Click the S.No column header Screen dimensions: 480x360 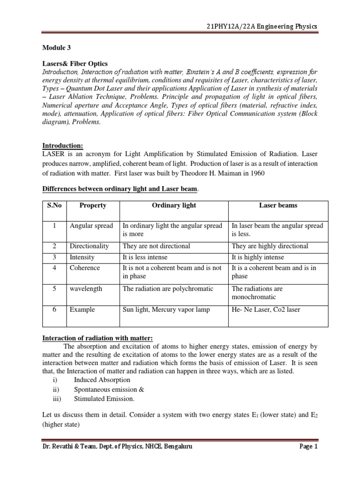[54, 205]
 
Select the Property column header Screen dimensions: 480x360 [93, 205]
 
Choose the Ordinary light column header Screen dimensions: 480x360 [174, 205]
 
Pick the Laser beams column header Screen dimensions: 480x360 [278, 205]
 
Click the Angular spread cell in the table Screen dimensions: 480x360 [91, 226]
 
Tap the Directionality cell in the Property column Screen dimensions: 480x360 [90, 246]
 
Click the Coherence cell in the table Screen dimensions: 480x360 [85, 268]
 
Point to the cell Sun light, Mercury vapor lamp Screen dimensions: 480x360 [166, 309]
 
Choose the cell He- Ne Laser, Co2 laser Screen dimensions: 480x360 [265, 309]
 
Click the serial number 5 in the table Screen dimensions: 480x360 [54, 289]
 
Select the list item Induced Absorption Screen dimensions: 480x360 [102, 380]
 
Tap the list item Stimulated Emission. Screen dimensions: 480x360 [104, 398]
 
